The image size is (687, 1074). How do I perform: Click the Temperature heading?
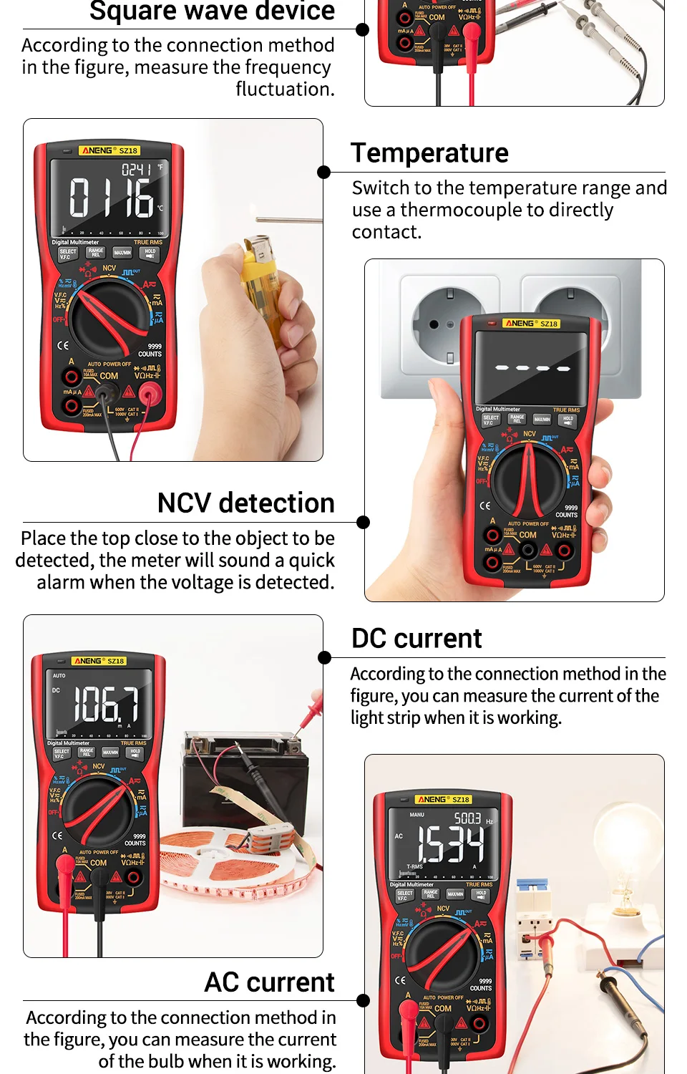(429, 153)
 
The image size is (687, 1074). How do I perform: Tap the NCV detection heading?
(245, 503)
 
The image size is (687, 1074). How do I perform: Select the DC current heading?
(416, 639)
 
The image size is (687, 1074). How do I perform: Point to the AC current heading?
(269, 982)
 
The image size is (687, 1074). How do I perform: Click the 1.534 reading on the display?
(450, 845)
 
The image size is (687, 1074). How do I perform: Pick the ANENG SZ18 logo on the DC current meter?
(99, 661)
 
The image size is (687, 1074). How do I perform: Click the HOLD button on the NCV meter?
(568, 420)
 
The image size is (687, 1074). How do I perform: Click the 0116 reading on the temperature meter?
(111, 198)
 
